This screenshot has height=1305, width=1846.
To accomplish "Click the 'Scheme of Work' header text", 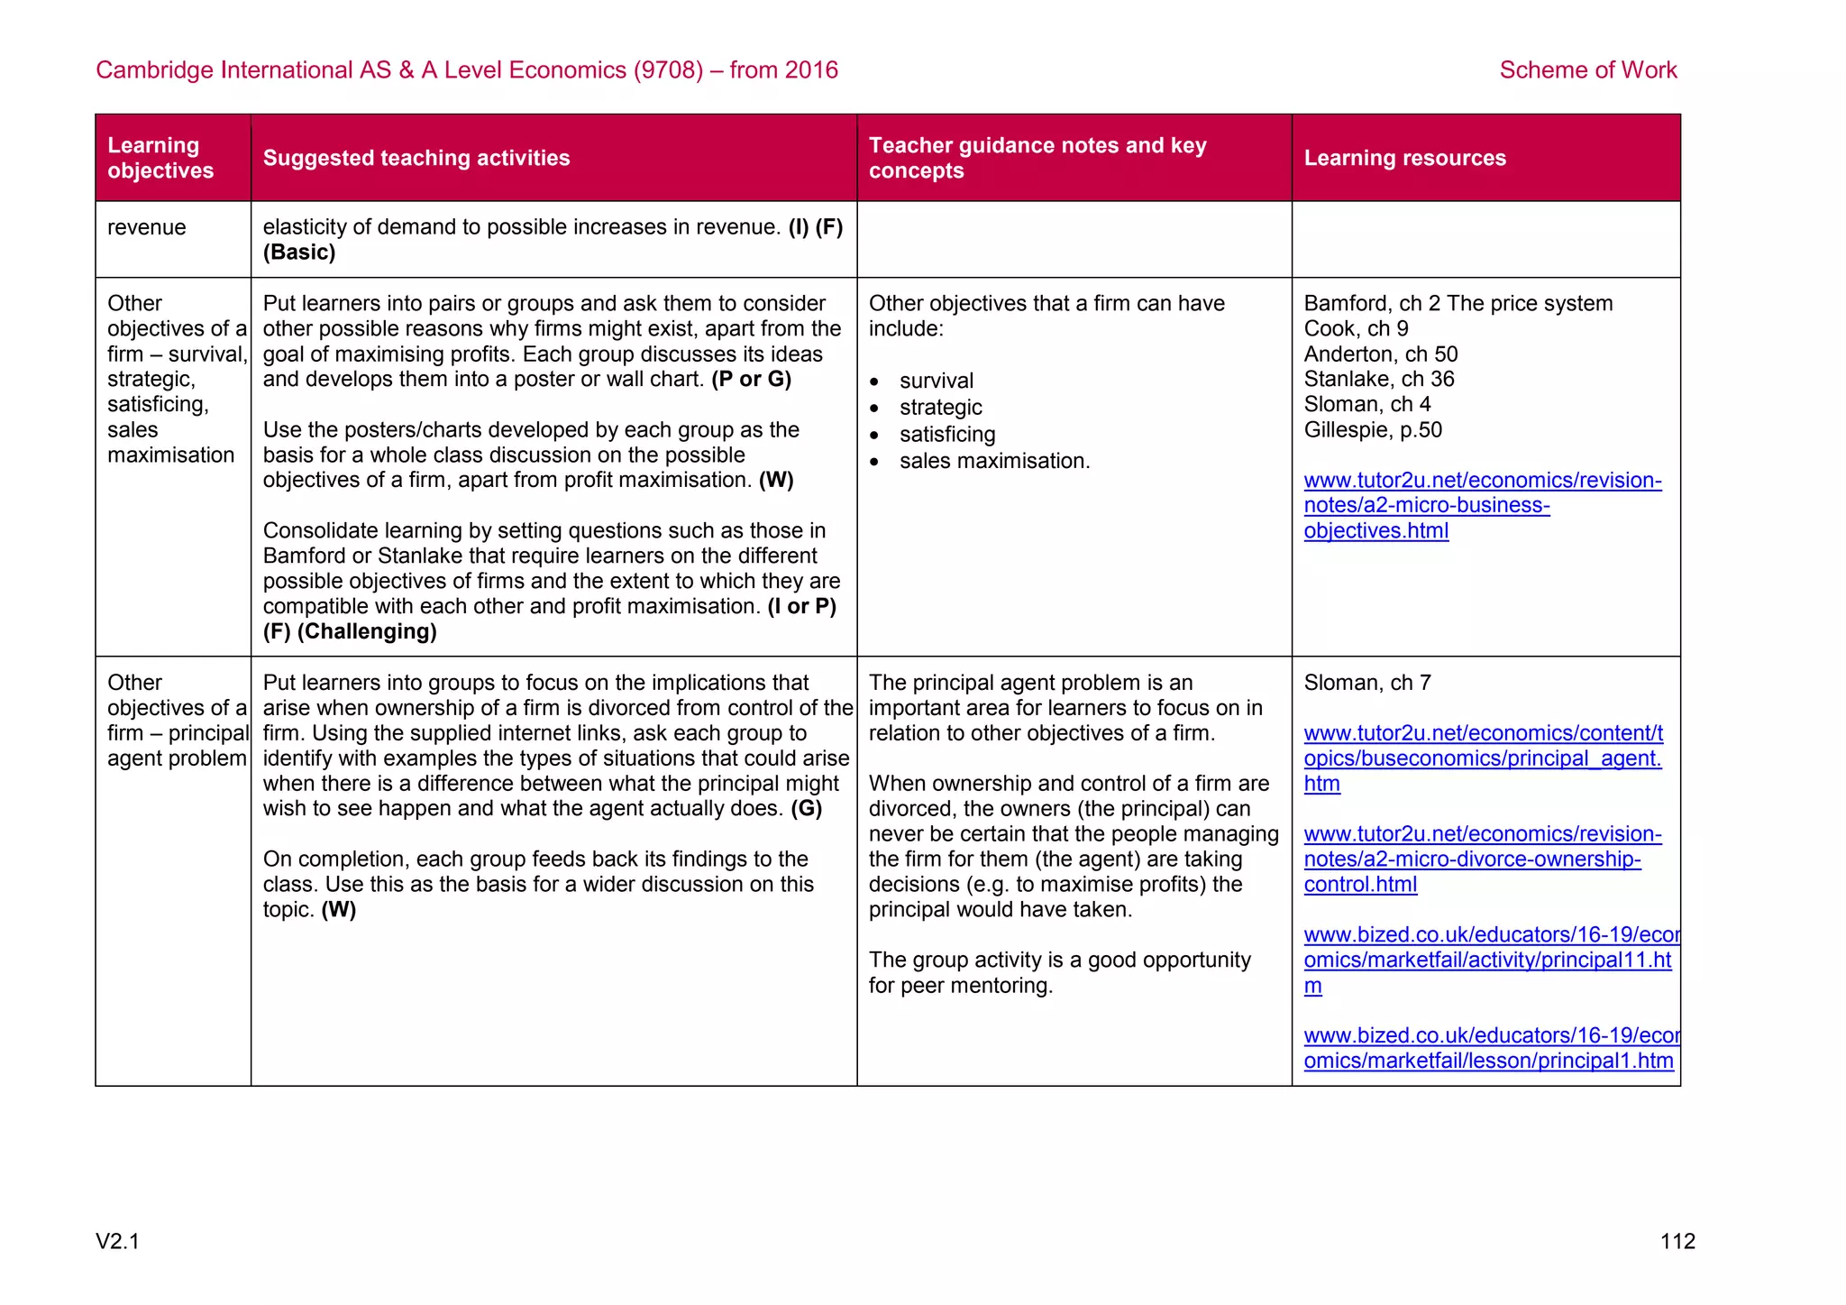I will tap(1587, 70).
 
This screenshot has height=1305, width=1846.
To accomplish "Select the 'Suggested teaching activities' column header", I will tap(416, 158).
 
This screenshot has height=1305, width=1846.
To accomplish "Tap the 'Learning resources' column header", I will tap(1404, 158).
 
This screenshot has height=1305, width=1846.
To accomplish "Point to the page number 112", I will tap(1677, 1242).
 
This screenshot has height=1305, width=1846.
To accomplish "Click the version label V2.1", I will tap(118, 1242).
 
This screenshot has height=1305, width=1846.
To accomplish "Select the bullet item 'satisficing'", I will tap(947, 435).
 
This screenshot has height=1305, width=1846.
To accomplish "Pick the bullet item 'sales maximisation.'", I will tap(994, 461).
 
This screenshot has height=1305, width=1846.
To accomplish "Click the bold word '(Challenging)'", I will tap(367, 631).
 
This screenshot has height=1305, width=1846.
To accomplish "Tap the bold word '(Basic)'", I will tap(299, 253).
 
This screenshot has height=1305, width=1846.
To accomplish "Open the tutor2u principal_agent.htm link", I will tap(1483, 758).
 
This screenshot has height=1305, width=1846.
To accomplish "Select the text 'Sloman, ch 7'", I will tap(1367, 683).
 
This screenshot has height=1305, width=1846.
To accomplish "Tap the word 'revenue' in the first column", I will tap(147, 227).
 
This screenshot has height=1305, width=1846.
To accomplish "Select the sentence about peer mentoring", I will tap(1059, 972).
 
